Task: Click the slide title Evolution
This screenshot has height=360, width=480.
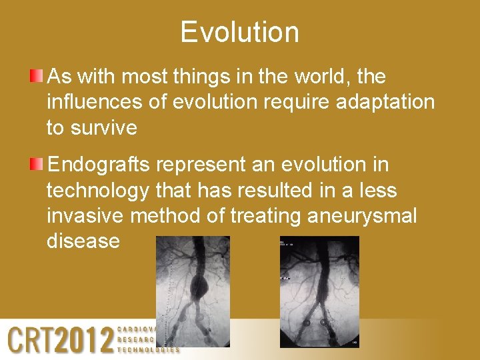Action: click(x=239, y=32)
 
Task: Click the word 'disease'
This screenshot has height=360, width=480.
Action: click(x=83, y=241)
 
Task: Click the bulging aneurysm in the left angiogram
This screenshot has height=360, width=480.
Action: click(x=199, y=287)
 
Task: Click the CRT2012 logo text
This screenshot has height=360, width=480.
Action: click(x=60, y=339)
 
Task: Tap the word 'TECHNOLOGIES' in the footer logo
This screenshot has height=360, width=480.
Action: click(x=148, y=349)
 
